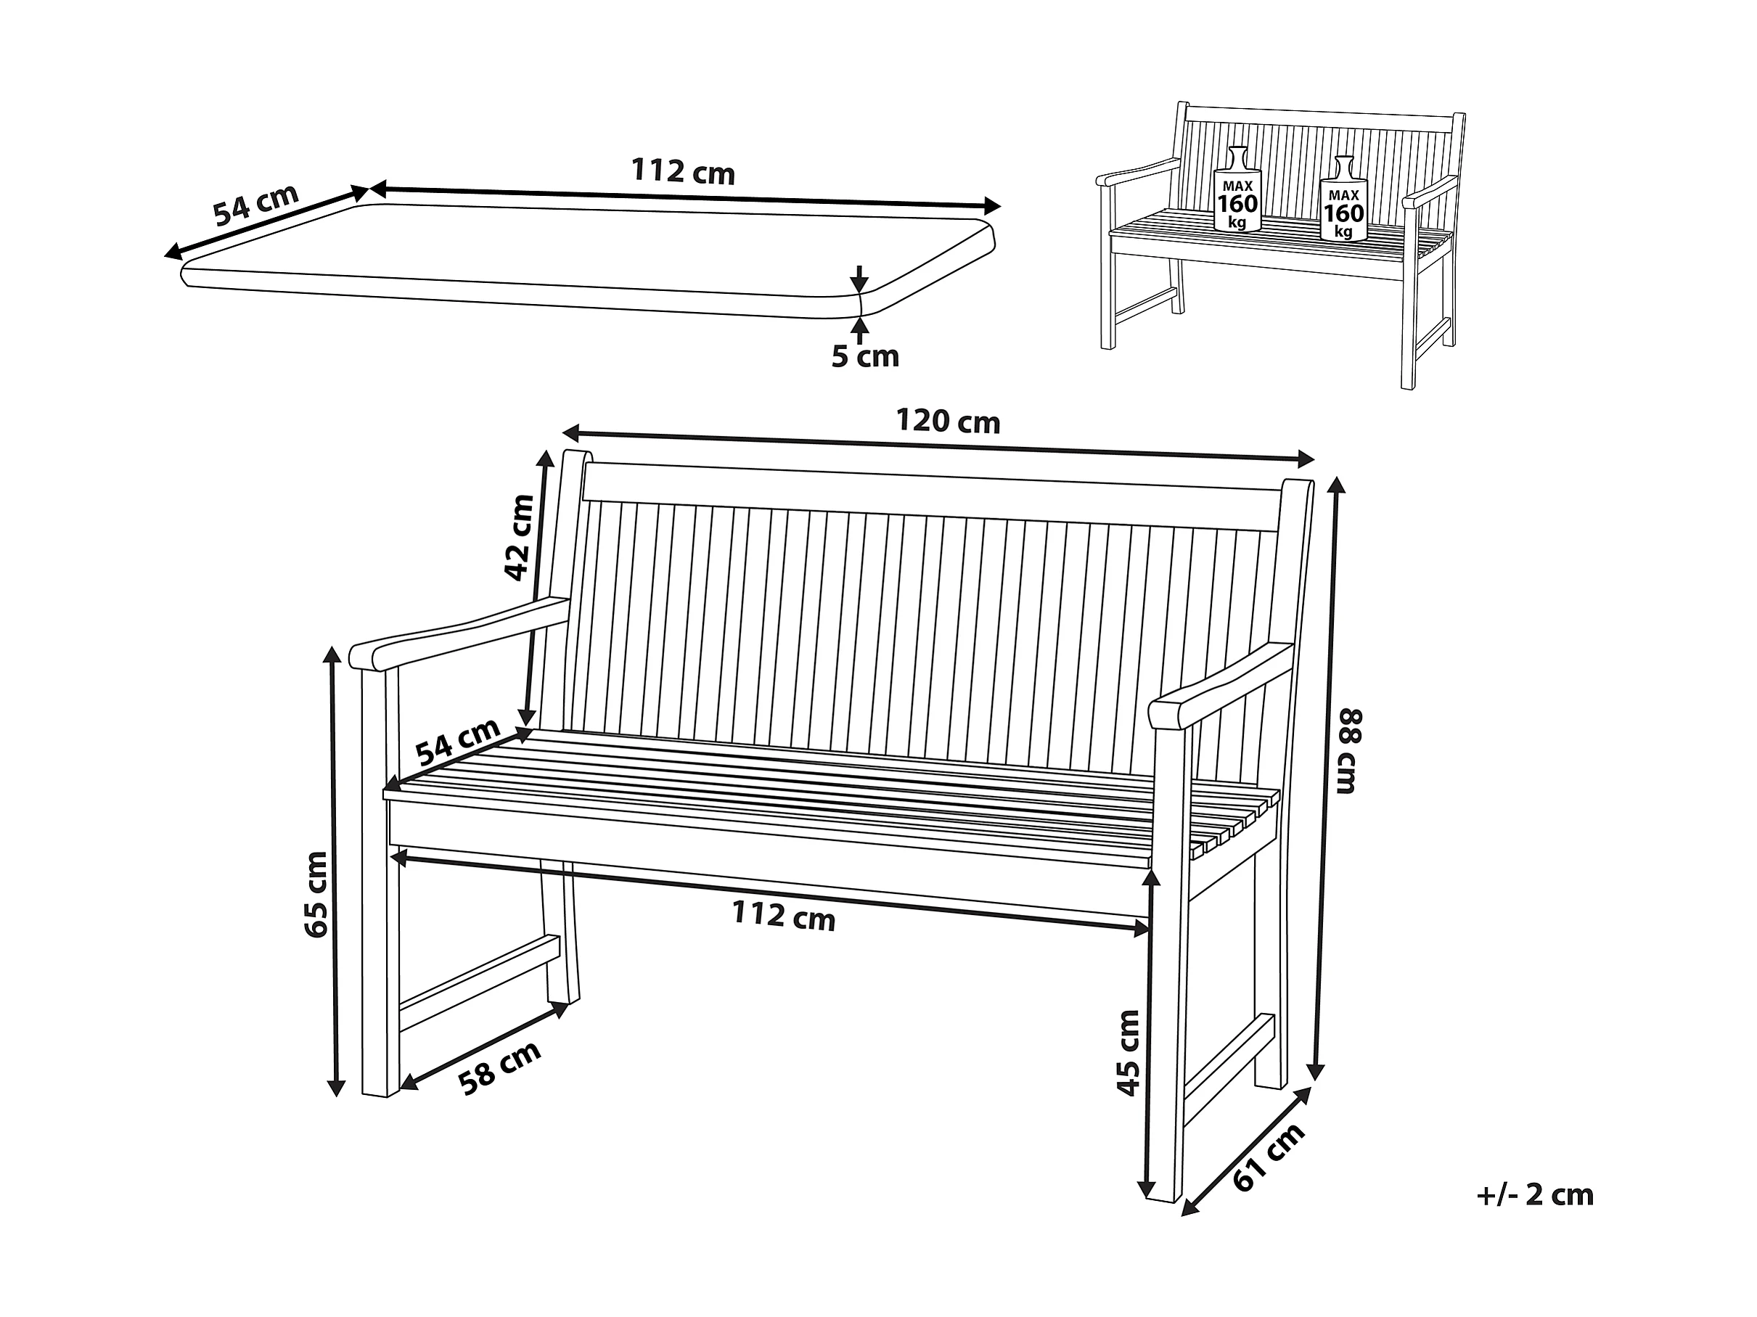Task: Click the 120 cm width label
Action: pos(948,421)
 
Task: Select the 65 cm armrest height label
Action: pos(317,894)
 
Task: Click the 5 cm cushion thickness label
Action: pos(864,358)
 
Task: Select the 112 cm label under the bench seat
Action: pos(783,917)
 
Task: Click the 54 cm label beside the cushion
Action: pos(255,204)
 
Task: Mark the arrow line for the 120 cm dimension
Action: pos(937,446)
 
